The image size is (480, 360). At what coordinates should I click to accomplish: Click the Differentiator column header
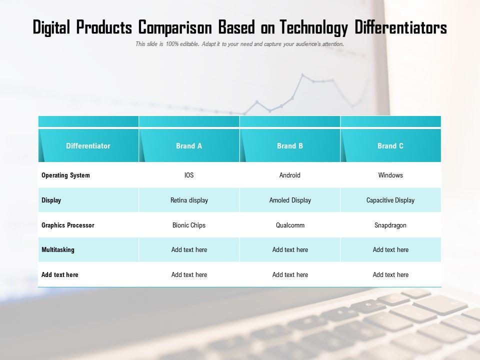tap(88, 146)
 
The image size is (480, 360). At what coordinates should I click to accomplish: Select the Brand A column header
tap(189, 146)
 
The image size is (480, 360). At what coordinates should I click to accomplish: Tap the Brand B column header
tap(290, 146)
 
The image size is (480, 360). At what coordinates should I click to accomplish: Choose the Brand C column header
tap(390, 146)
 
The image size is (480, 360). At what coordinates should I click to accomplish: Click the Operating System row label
tap(65, 175)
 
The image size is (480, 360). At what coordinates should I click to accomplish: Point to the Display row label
tap(51, 200)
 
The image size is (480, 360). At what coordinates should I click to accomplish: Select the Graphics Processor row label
tap(67, 225)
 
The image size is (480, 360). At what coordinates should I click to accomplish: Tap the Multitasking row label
tap(57, 250)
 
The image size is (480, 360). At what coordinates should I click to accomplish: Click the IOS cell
tap(189, 175)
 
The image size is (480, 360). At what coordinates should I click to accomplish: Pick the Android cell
tap(290, 175)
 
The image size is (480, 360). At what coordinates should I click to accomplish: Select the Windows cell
tap(390, 175)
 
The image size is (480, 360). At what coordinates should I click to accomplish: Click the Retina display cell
tap(189, 200)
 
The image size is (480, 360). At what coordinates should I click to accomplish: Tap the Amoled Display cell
tap(290, 200)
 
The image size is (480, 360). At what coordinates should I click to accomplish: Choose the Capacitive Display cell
tap(390, 200)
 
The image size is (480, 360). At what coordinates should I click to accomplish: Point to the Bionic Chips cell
tap(189, 225)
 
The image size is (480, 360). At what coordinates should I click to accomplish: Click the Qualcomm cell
tap(290, 225)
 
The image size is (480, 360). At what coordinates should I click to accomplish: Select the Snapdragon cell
tap(390, 225)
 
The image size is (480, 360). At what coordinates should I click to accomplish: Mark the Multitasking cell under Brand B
tap(290, 250)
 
